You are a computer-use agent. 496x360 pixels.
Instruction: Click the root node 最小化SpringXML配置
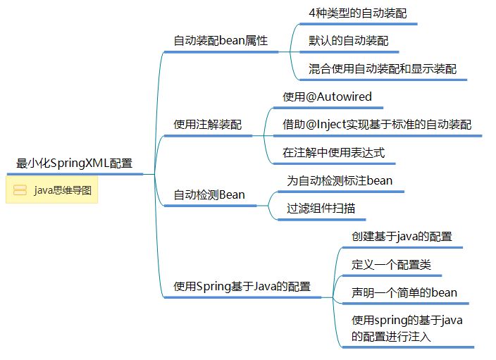[74, 163]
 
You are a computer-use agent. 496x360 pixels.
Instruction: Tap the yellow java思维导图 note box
[52, 190]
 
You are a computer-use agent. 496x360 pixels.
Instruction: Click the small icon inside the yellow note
[20, 190]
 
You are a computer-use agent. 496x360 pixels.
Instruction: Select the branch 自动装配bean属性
[221, 40]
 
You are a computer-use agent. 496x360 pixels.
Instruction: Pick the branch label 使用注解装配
[208, 124]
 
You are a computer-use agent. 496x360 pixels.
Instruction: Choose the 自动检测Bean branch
[209, 194]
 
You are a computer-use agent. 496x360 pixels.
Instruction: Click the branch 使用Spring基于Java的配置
[242, 286]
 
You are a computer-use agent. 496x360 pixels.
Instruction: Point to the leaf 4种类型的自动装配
[358, 13]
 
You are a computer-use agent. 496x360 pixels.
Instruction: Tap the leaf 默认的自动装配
[349, 40]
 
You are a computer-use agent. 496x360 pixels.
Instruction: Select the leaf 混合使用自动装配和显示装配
[383, 68]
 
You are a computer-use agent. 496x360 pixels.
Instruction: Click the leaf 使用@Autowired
[327, 97]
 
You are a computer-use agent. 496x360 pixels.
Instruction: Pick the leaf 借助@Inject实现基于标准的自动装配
[377, 124]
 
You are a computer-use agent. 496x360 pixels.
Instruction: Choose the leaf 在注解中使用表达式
[334, 152]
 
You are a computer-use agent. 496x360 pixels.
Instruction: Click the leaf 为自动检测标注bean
[340, 180]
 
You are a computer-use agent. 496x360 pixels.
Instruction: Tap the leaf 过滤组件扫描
[321, 208]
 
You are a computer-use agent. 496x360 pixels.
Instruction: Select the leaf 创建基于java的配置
[402, 236]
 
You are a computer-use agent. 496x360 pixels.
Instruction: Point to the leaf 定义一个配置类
[391, 264]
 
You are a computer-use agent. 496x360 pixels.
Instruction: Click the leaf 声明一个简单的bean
[404, 292]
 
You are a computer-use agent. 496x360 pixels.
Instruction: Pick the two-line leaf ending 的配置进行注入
[407, 328]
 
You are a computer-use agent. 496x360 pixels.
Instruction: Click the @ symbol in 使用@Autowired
[311, 97]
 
